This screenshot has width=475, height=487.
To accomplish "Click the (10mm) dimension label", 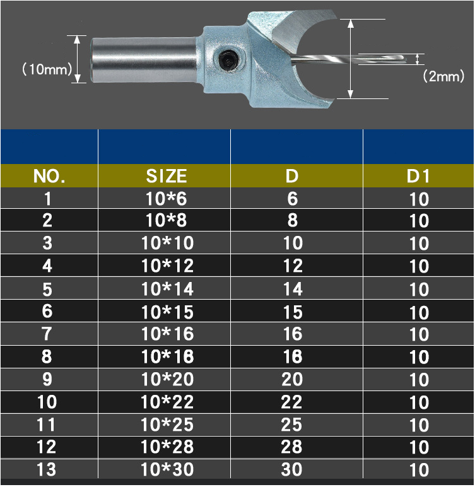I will (47, 69).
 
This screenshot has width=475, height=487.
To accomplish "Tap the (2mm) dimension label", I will (443, 76).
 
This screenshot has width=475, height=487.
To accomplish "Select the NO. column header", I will (49, 176).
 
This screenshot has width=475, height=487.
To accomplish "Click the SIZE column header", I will (167, 176).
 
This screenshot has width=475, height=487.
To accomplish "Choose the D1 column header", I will (418, 176).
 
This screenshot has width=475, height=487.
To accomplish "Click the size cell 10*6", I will (167, 199).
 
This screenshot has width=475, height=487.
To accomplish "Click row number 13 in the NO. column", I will (47, 470).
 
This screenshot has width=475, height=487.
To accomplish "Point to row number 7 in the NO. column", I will (47, 334).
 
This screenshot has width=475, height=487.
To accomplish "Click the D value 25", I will (293, 425).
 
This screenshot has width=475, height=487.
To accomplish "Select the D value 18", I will (293, 357).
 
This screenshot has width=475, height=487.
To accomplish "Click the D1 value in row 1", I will (419, 199).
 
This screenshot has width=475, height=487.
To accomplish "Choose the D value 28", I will (293, 447).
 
